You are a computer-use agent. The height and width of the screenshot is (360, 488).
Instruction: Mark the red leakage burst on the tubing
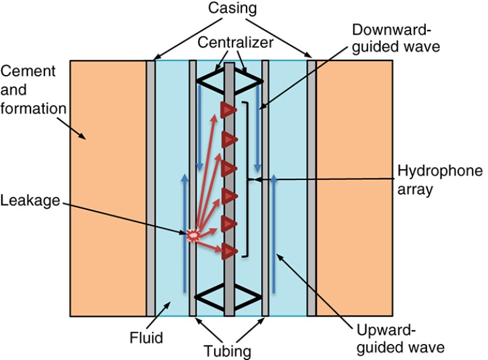193,234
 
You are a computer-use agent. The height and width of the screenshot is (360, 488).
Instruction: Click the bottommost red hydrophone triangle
229,251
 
